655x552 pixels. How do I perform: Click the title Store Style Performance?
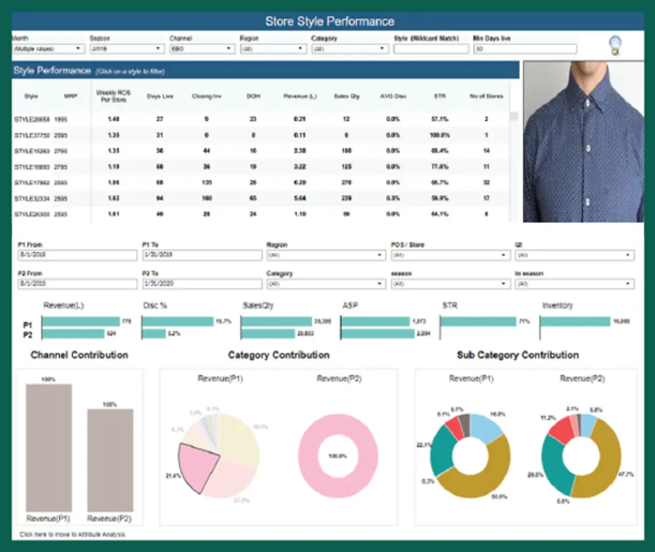[329, 21]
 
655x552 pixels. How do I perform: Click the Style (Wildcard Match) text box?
[430, 49]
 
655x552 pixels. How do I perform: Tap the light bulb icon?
[615, 46]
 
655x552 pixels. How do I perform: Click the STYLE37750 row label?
[32, 135]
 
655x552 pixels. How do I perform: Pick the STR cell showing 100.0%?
[440, 135]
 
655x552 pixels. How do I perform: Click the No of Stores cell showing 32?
[486, 182]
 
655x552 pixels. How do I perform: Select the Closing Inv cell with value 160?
[206, 198]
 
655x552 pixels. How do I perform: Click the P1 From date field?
[77, 255]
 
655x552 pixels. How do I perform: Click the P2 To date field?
[201, 284]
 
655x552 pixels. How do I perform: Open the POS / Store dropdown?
[449, 255]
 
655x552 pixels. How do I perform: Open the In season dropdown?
[574, 284]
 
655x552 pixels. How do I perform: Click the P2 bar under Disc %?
[153, 333]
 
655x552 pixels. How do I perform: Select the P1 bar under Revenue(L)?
[80, 322]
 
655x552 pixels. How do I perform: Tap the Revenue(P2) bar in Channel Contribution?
[110, 461]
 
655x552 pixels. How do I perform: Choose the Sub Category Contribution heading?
[517, 355]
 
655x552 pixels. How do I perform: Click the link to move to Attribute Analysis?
[72, 535]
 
